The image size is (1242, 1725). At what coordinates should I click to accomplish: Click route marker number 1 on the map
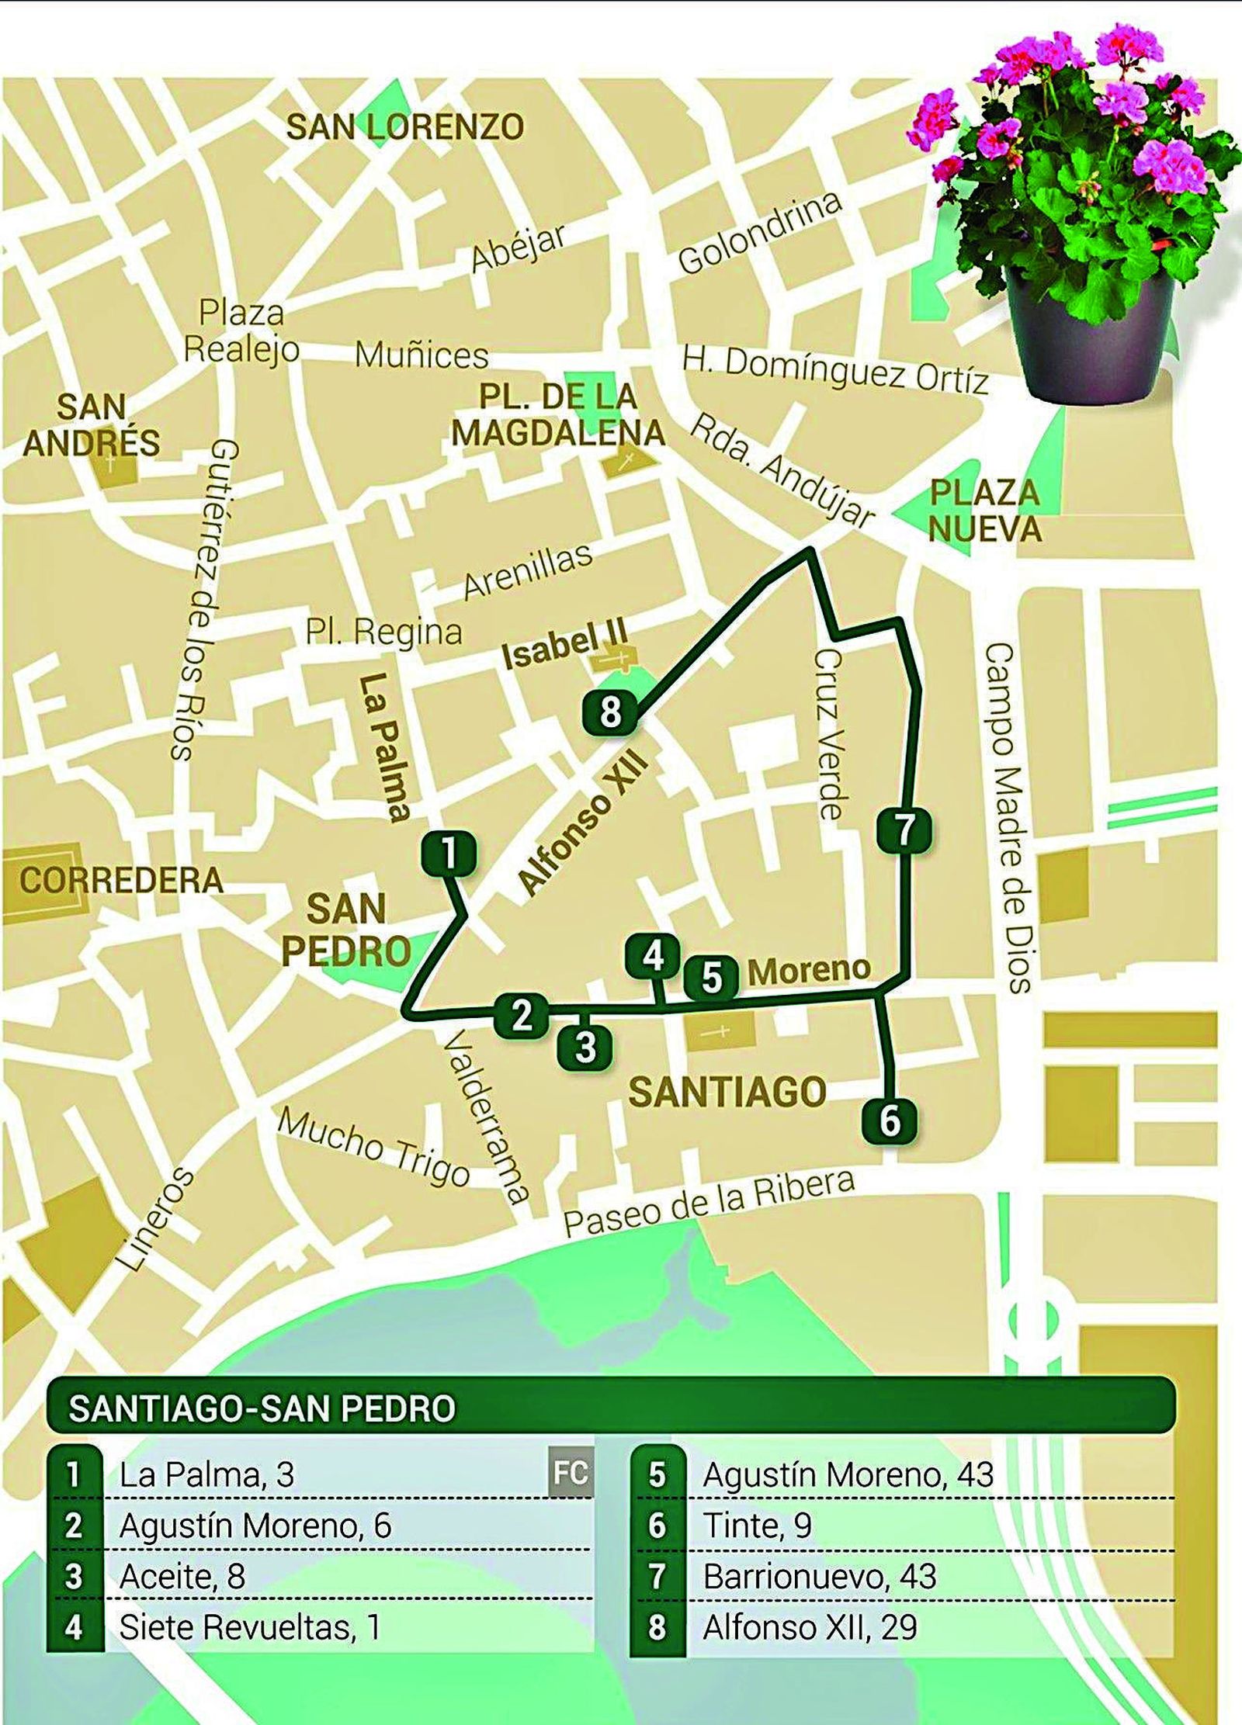pos(449,854)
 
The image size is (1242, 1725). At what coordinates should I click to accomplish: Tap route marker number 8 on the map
pos(610,712)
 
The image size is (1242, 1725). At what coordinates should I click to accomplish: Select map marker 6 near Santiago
pos(890,1121)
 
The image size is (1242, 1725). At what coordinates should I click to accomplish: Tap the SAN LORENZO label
pos(405,127)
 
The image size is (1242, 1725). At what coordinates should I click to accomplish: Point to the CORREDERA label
pos(121,881)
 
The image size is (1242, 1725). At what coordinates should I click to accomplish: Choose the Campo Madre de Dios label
pos(1008,817)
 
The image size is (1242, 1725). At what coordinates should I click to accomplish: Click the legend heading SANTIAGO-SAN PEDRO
pos(262,1408)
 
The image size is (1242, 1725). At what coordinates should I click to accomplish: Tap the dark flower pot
pos(1089,336)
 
